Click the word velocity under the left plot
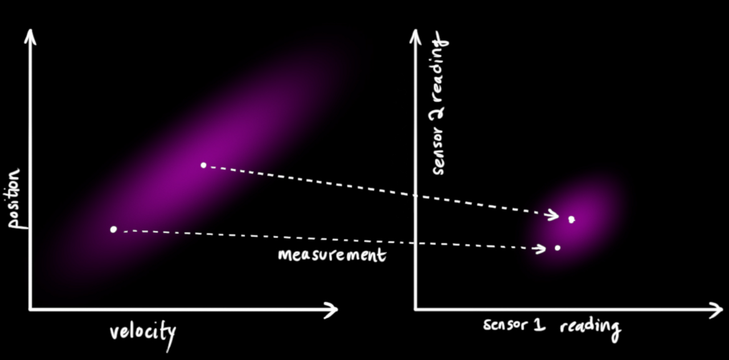142,332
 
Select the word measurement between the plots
331,254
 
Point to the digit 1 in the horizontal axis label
539,325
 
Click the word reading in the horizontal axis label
589,327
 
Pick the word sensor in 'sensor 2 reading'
439,149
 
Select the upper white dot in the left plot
203,165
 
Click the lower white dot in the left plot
113,229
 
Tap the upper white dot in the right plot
571,219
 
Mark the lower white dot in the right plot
557,247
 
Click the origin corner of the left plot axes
30,309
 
